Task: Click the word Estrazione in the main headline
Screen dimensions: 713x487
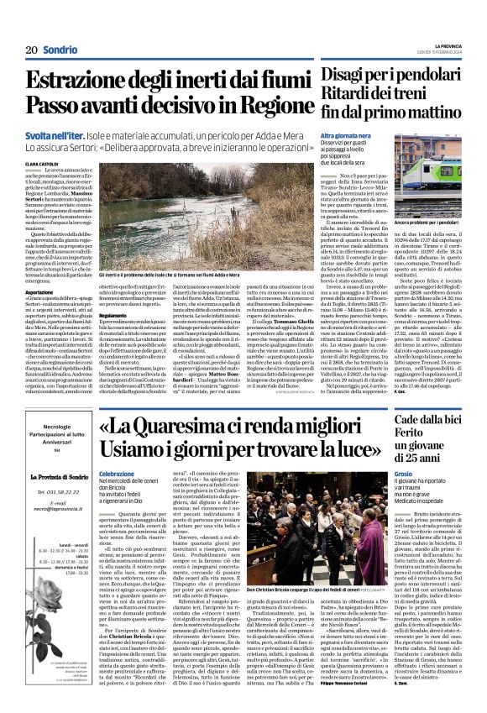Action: pyautogui.click(x=76, y=83)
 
